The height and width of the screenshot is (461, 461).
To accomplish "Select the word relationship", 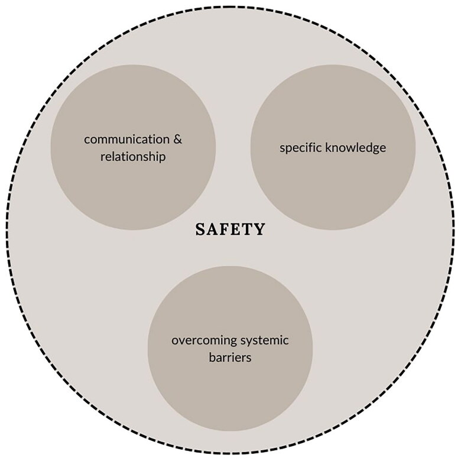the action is (132, 157).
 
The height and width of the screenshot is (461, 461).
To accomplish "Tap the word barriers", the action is (230, 358).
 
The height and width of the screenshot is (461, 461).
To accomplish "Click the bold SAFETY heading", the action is (230, 230).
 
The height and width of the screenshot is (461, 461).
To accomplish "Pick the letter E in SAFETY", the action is (237, 230).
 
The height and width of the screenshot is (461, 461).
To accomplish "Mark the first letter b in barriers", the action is (212, 358).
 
